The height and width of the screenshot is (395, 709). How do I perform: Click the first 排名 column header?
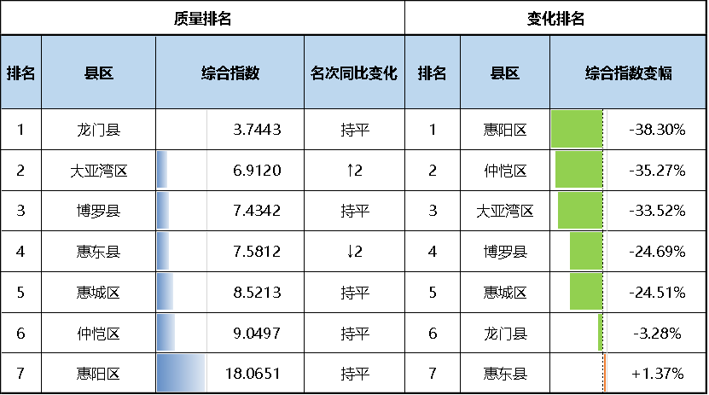pyautogui.click(x=20, y=73)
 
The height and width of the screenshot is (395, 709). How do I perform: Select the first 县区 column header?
pyautogui.click(x=98, y=73)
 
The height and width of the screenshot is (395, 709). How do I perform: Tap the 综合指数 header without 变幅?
pyautogui.click(x=230, y=73)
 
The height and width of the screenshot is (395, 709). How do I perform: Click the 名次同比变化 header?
pyautogui.click(x=354, y=73)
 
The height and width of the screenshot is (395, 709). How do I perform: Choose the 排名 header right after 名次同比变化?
pyautogui.click(x=432, y=73)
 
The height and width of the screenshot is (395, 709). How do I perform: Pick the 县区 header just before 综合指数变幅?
pyautogui.click(x=505, y=73)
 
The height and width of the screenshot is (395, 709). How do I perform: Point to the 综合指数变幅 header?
pyautogui.click(x=629, y=73)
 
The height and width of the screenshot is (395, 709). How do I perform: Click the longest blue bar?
pyautogui.click(x=181, y=373)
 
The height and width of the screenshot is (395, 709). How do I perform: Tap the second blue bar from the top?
pyautogui.click(x=163, y=209)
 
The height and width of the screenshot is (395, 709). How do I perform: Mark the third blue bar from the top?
pyautogui.click(x=163, y=251)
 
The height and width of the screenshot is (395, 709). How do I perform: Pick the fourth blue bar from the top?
pyautogui.click(x=166, y=291)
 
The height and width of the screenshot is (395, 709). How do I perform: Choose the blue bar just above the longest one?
pyautogui.click(x=166, y=332)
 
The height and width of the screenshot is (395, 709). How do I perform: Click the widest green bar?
pyautogui.click(x=578, y=129)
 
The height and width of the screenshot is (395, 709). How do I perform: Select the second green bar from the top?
pyautogui.click(x=579, y=169)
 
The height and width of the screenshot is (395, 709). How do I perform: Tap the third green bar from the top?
pyautogui.click(x=580, y=210)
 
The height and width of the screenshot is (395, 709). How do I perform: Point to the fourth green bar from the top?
pyautogui.click(x=586, y=251)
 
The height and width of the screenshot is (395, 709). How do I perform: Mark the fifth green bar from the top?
pyautogui.click(x=586, y=291)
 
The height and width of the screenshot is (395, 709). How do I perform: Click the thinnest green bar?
pyautogui.click(x=601, y=332)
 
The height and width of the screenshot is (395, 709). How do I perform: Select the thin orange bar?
pyautogui.click(x=605, y=373)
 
